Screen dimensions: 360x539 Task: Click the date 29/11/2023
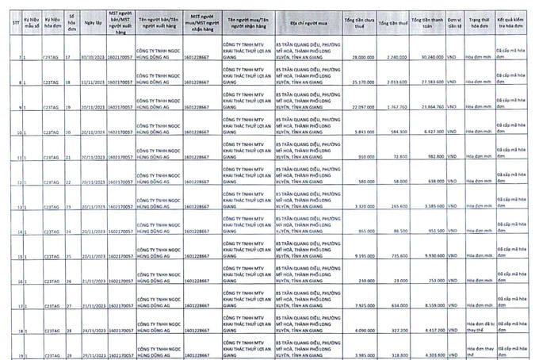(94, 354)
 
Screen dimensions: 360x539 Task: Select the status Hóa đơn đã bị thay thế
(480, 327)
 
